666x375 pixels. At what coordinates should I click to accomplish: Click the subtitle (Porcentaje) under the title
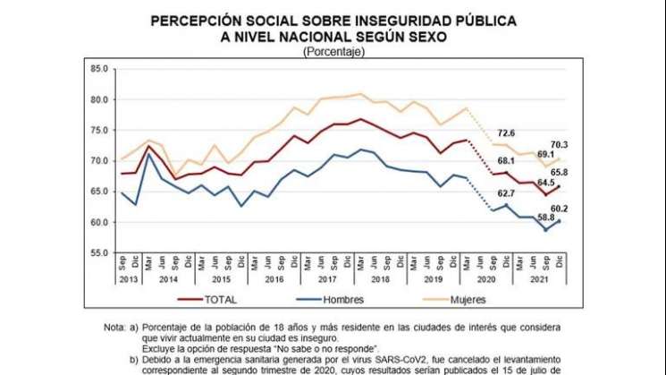[x=333, y=52]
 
